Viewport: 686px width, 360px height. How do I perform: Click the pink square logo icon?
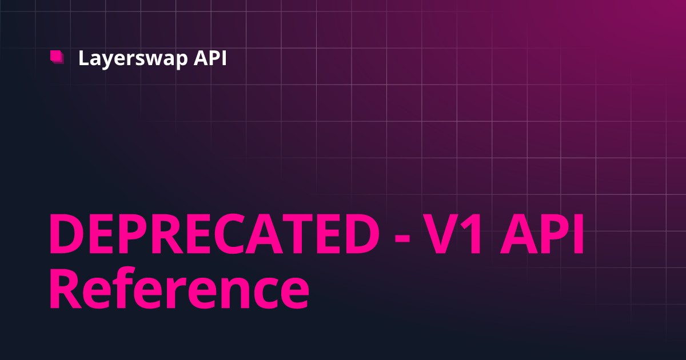point(57,57)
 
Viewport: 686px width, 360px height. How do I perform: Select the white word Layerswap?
point(133,59)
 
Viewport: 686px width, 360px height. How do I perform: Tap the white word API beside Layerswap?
point(210,58)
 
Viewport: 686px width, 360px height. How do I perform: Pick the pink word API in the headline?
point(542,234)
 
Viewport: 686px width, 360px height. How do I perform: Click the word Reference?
point(179,288)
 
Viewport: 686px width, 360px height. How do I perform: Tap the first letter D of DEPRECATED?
point(67,234)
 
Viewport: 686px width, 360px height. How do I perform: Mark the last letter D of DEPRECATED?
point(362,234)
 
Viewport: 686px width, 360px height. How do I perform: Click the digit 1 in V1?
point(473,234)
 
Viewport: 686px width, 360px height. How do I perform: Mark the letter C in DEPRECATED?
point(230,234)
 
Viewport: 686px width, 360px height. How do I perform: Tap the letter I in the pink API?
point(579,234)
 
